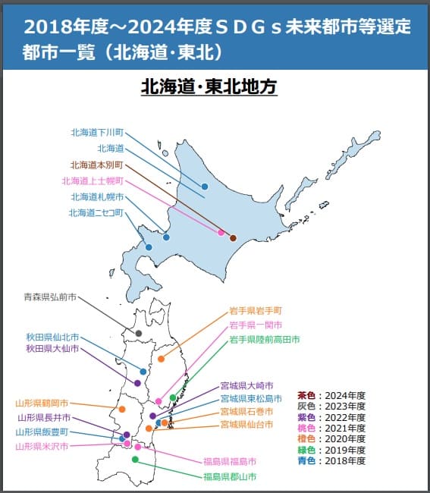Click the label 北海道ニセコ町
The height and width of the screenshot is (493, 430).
coord(96,213)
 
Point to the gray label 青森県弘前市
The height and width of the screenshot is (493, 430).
coord(49,298)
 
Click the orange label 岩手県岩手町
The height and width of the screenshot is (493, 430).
coord(256,311)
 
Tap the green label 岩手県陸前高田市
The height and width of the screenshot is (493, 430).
coord(265,339)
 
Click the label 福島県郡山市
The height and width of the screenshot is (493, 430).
coord(229,477)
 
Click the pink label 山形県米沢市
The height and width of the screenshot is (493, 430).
coord(42,446)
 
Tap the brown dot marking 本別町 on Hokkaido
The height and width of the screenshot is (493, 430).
coord(233,238)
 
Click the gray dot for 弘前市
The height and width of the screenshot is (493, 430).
coord(139,333)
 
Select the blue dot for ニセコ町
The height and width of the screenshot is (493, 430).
coord(149,247)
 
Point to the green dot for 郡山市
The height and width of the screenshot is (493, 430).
coord(135,460)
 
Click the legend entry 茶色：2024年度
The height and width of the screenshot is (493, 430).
coord(331,396)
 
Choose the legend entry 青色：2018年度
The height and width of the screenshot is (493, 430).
coord(331,460)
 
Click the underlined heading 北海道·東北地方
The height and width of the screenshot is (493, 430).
coord(209,87)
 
